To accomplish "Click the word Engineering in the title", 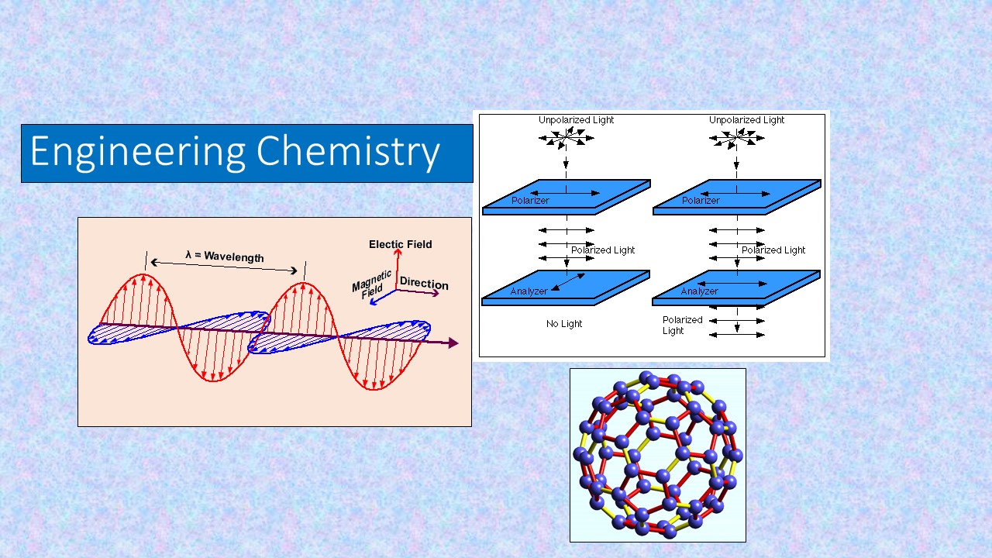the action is (x=138, y=153).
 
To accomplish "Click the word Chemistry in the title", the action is (x=348, y=153).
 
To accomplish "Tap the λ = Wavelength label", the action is (x=225, y=256).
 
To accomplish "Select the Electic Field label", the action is (x=401, y=244).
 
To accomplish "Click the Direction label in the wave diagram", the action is (x=424, y=283).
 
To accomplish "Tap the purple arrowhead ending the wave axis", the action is (x=453, y=343).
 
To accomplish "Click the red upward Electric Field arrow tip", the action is (x=398, y=251).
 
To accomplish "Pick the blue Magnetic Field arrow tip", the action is (x=372, y=303).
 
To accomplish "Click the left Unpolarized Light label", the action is (x=576, y=119).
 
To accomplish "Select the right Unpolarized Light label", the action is (x=746, y=119).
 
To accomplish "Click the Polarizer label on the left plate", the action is (x=530, y=200).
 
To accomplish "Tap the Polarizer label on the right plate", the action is (x=701, y=200).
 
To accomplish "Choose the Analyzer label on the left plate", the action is (x=529, y=291).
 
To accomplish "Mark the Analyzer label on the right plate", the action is (x=699, y=291).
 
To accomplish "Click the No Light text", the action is (x=564, y=324).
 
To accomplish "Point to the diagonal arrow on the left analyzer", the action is (x=568, y=282).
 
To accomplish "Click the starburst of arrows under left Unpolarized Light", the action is (x=567, y=138).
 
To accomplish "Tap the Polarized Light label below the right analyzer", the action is (x=683, y=325).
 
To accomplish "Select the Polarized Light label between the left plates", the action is (x=603, y=250).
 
